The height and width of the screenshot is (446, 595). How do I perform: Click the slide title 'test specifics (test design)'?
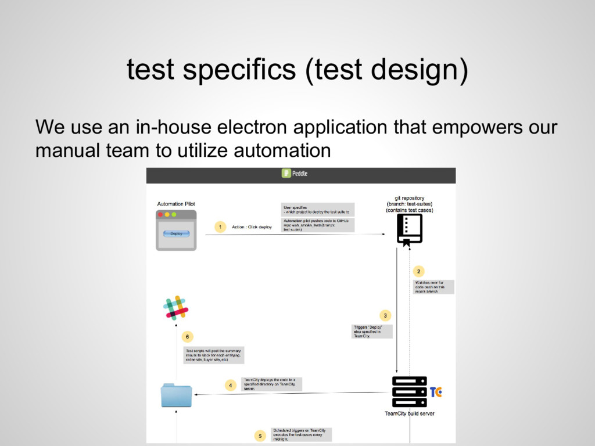297,71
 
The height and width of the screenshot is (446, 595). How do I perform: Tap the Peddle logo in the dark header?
295,173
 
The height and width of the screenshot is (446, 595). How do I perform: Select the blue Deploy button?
176,233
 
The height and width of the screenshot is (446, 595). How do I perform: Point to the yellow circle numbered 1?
219,227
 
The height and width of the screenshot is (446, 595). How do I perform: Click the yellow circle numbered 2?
419,271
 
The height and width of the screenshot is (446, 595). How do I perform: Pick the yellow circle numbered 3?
384,315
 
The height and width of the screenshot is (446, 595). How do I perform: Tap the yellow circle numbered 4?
230,384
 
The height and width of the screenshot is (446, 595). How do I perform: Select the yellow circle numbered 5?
260,434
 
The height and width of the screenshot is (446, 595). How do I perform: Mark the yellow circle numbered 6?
187,336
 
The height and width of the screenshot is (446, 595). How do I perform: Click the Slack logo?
176,307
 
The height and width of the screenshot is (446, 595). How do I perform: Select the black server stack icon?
409,391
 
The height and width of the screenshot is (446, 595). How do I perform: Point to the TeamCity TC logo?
435,392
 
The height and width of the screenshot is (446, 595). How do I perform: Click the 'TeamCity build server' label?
410,414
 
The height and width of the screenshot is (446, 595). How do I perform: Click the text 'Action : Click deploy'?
252,227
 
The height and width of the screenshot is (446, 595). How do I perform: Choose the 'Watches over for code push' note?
433,286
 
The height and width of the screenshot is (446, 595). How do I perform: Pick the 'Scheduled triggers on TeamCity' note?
302,434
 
